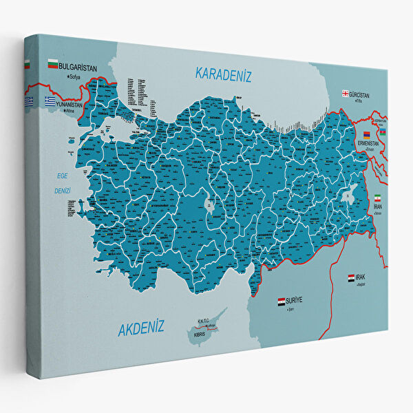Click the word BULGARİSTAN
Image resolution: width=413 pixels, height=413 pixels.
click(78, 67)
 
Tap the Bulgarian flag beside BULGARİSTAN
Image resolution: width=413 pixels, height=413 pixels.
click(52, 65)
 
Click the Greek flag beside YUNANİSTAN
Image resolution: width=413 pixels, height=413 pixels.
click(50, 100)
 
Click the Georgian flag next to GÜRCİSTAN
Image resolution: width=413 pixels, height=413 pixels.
click(345, 94)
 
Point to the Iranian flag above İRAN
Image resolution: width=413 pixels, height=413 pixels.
click(377, 198)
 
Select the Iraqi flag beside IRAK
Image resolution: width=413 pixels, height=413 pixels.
click(351, 277)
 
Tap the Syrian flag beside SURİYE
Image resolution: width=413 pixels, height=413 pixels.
click(281, 301)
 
